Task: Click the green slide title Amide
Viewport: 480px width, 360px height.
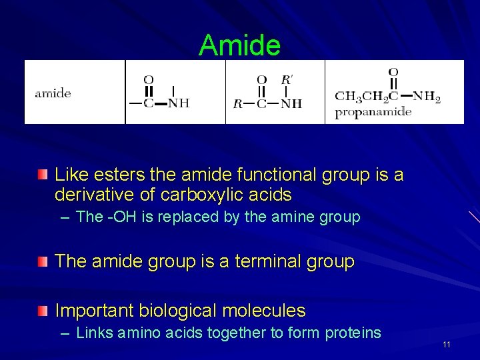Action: coord(239,45)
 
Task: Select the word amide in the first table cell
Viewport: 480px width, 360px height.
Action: coord(53,93)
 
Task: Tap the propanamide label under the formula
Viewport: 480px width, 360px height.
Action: coord(373,112)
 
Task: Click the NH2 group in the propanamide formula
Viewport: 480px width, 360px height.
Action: coord(427,97)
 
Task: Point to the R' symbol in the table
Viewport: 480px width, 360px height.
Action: coord(287,80)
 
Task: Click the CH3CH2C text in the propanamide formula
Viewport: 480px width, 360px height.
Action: coord(366,98)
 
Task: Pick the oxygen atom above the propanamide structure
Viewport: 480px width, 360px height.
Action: coord(393,72)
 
